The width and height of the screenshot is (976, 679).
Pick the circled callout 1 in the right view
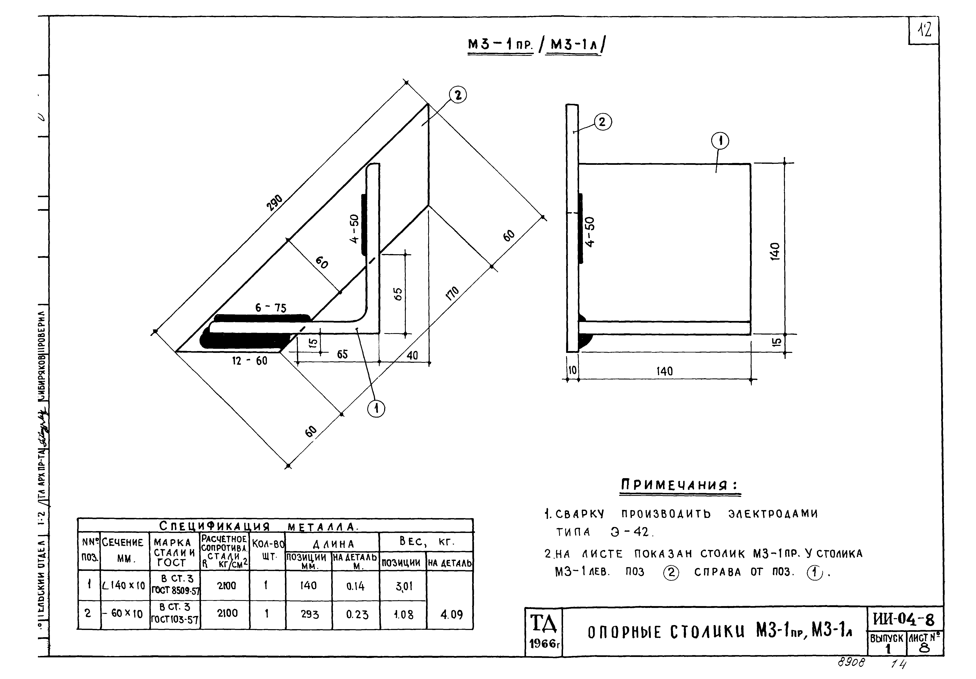coord(720,141)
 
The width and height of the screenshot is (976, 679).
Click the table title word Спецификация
coord(214,526)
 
